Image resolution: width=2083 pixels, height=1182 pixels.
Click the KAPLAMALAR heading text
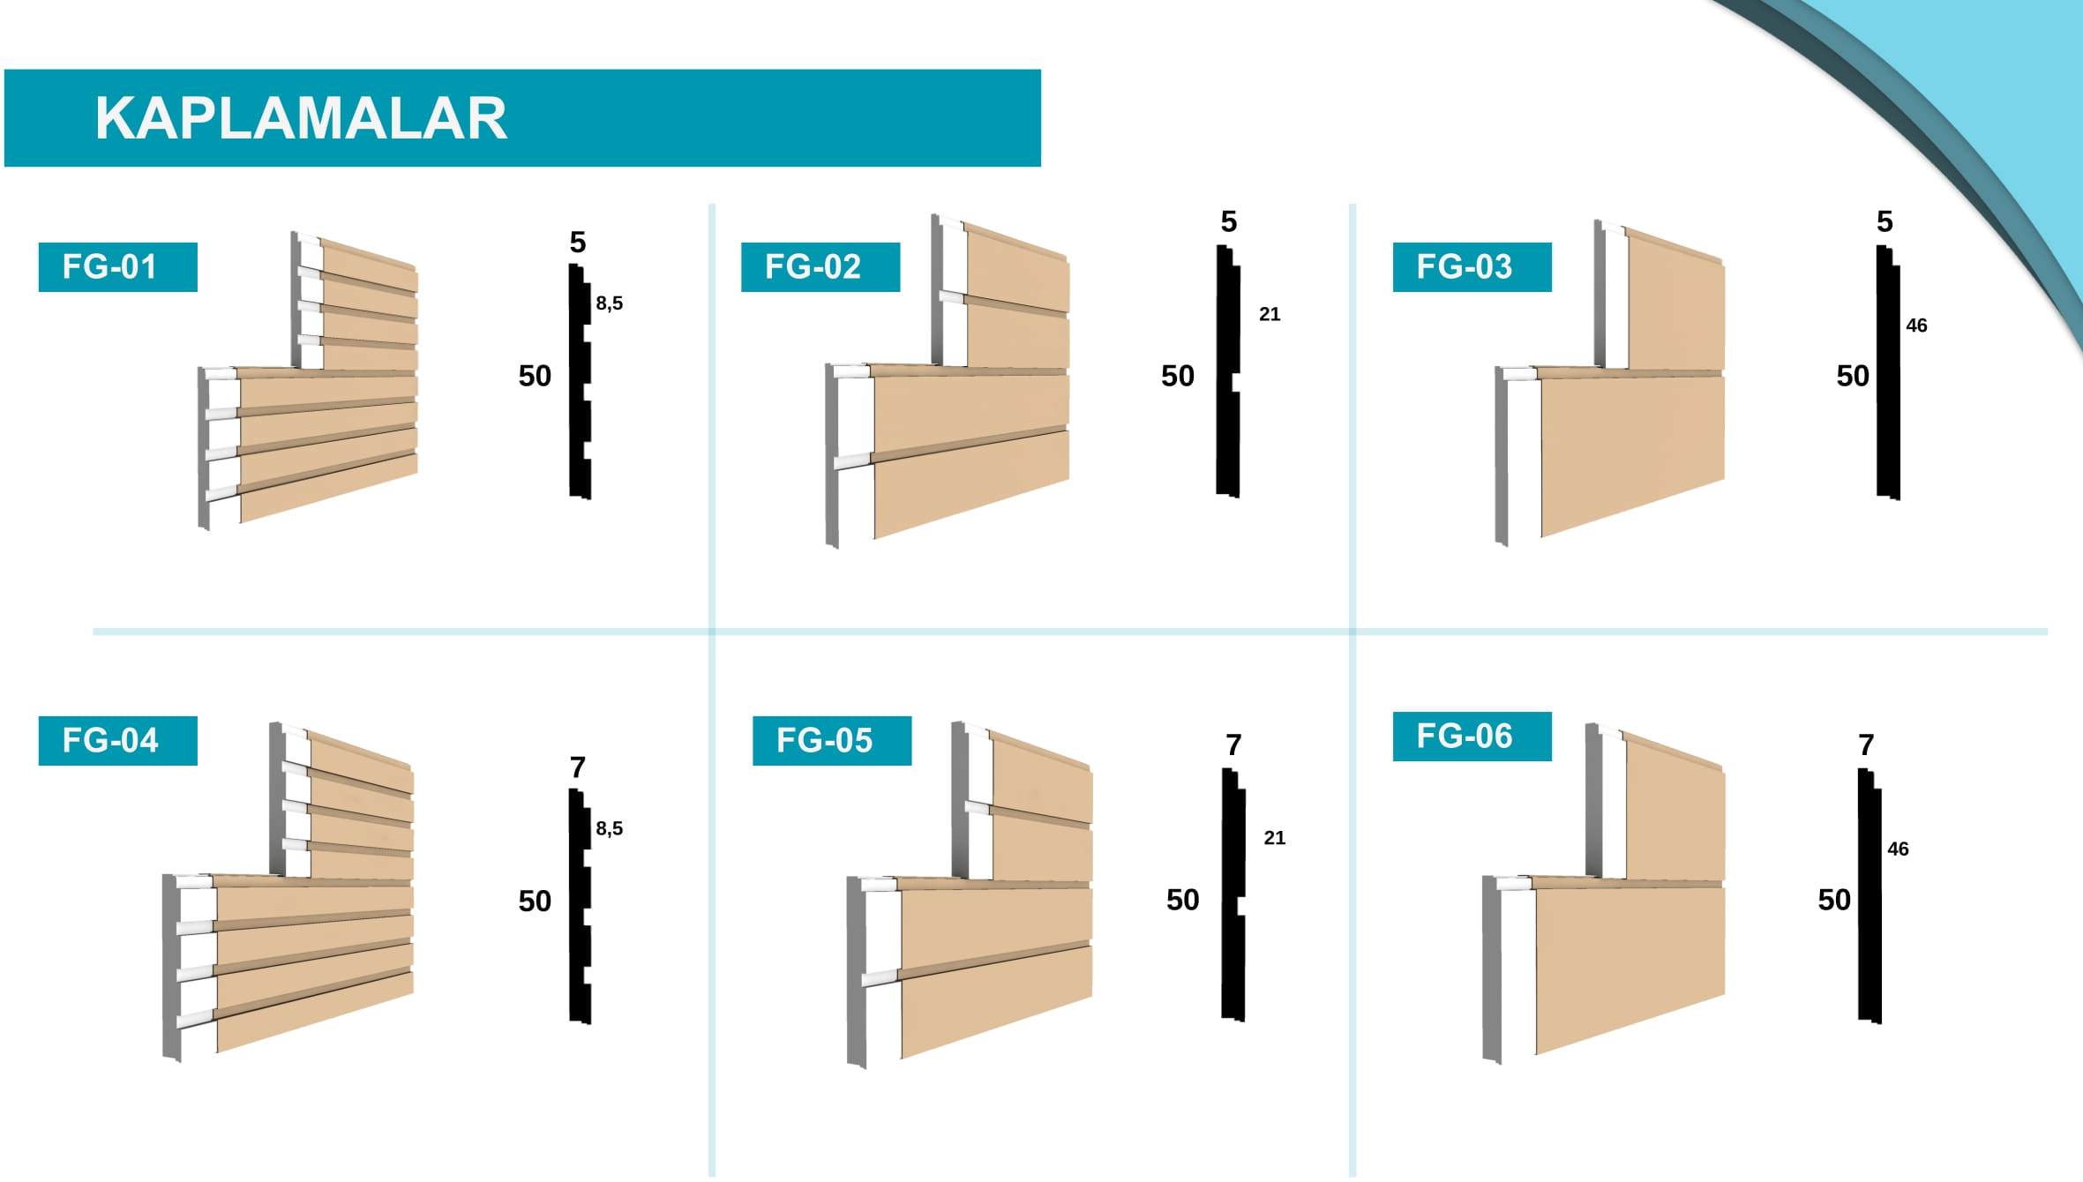301,118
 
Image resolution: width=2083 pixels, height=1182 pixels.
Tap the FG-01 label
109,266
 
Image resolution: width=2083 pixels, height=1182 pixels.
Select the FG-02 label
813,266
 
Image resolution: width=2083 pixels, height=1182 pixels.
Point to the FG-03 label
1465,266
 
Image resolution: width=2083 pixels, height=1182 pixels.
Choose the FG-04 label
110,740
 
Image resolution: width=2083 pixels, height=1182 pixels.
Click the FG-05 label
824,740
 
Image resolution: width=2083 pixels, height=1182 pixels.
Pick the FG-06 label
1465,736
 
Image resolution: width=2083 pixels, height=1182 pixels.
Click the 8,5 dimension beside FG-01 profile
609,303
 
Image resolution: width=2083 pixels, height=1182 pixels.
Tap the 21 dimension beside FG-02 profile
1270,314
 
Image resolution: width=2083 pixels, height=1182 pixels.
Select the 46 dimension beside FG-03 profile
1916,325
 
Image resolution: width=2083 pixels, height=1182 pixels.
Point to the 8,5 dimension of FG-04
609,828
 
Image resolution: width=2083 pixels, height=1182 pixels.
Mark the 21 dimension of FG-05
1275,838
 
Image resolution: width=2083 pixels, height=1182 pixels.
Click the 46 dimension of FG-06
1898,849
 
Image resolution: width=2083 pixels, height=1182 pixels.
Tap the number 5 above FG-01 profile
578,242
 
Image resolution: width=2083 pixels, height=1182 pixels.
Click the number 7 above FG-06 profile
1866,745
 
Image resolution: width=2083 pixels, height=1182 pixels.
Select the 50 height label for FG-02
1177,376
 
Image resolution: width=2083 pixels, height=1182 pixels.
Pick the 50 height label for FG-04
535,901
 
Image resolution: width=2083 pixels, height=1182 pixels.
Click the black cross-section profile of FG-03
1887,372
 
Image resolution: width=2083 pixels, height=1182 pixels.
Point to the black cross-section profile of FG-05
1233,894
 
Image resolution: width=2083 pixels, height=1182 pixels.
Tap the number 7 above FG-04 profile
578,767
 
